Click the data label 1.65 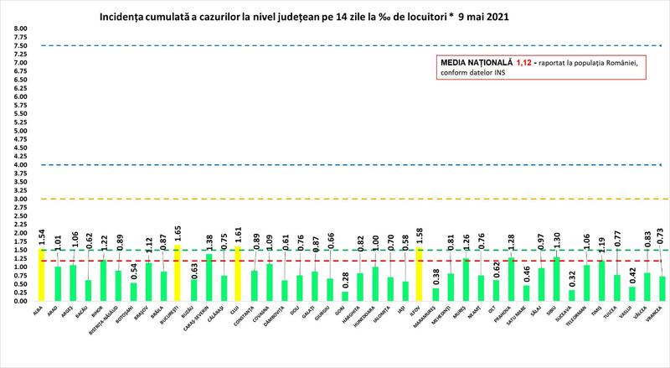[177, 234]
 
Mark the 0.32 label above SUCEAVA [572, 279]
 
